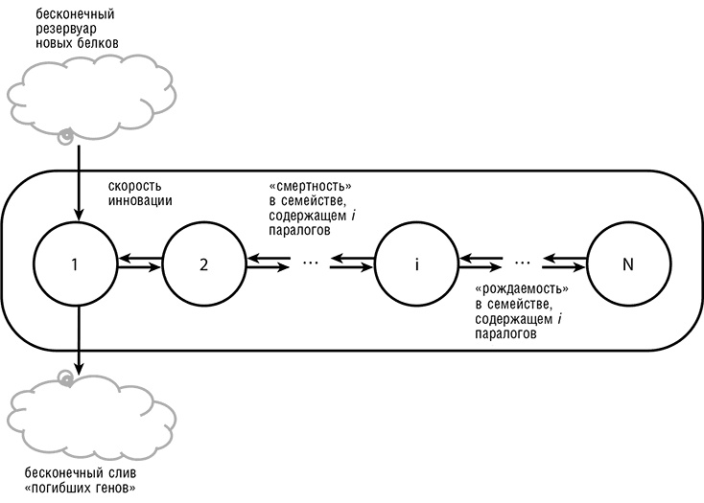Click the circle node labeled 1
click(x=76, y=263)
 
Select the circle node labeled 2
click(x=203, y=263)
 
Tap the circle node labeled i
click(x=416, y=263)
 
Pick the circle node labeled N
click(x=628, y=263)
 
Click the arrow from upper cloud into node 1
click(x=76, y=182)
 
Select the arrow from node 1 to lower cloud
click(x=76, y=340)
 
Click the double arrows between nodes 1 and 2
click(x=140, y=263)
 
